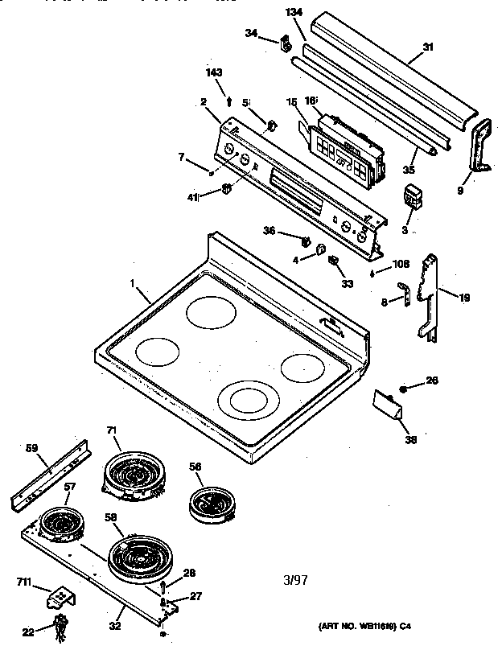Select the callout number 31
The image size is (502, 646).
coord(428,47)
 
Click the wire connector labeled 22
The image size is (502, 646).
coord(60,625)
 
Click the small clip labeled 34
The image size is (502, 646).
coord(284,42)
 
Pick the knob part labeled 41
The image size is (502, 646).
coord(227,189)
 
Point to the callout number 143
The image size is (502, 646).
coord(213,73)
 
